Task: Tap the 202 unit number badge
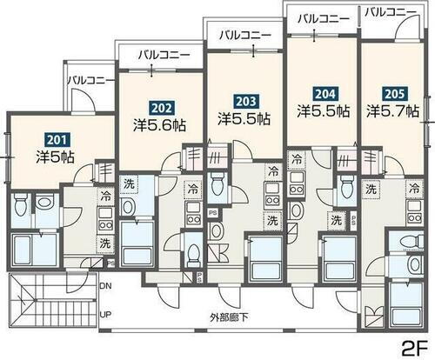160,108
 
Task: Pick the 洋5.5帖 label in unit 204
323,111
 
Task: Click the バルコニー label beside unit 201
89,79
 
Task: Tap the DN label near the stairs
106,285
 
